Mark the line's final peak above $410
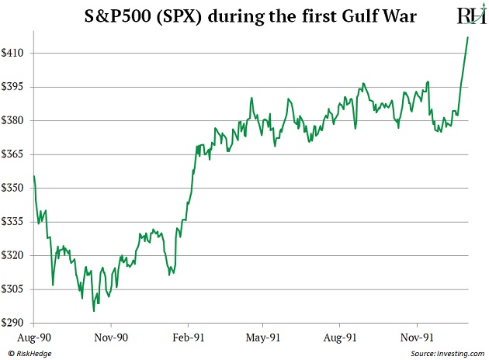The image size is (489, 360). (468, 37)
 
